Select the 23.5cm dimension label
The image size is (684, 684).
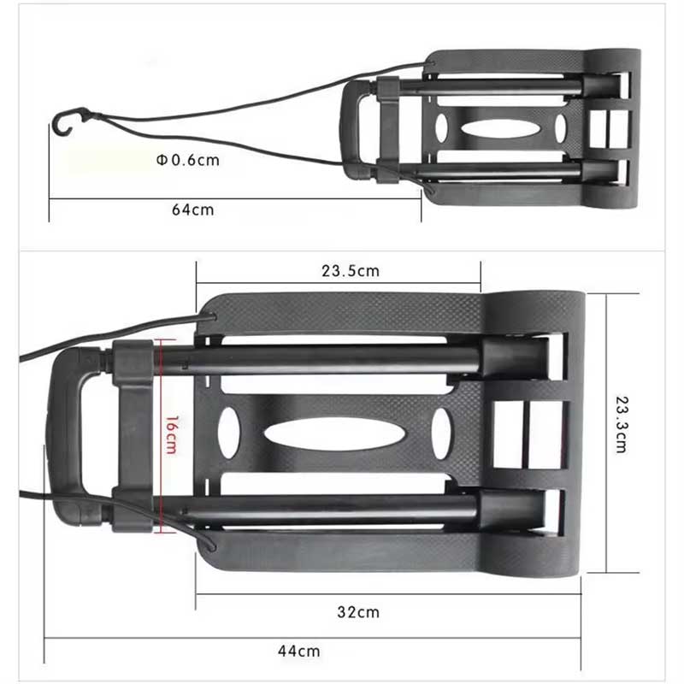(x=350, y=272)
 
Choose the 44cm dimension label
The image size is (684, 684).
(x=298, y=651)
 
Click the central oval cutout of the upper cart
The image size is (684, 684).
(x=499, y=128)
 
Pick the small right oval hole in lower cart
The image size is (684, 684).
(x=441, y=432)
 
